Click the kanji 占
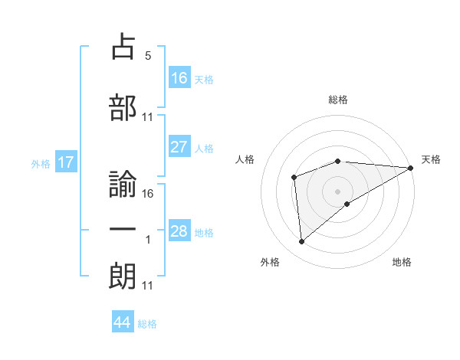[x=123, y=47]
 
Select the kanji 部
[x=123, y=108]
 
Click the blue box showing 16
[x=179, y=78]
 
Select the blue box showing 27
[x=179, y=147]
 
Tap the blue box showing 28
[x=179, y=231]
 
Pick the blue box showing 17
[x=66, y=162]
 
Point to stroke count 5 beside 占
[x=148, y=56]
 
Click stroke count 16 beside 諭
[x=148, y=194]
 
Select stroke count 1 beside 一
[x=148, y=240]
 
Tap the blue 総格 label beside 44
[x=147, y=324]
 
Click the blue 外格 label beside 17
[x=40, y=163]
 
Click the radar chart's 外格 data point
[x=302, y=242]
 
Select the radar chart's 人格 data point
[x=294, y=178]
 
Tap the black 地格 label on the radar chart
[x=402, y=263]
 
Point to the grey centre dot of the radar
[x=337, y=191]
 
